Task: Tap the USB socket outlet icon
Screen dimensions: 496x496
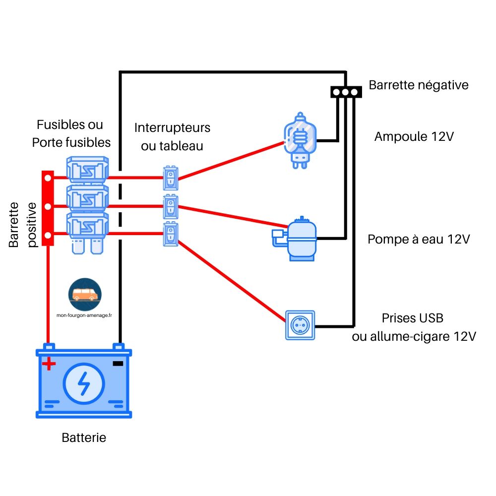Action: (300, 325)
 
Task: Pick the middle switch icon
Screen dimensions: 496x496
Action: (171, 206)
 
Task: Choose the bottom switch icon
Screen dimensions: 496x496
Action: (171, 234)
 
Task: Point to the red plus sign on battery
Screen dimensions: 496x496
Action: (48, 365)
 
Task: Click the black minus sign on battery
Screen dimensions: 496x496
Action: (118, 364)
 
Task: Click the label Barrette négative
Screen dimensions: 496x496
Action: (418, 85)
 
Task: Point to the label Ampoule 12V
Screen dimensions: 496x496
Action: (414, 136)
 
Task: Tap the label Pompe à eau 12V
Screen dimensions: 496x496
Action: (418, 240)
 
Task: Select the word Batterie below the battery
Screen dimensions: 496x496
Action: (84, 438)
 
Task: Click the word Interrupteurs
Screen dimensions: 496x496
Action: (172, 128)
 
